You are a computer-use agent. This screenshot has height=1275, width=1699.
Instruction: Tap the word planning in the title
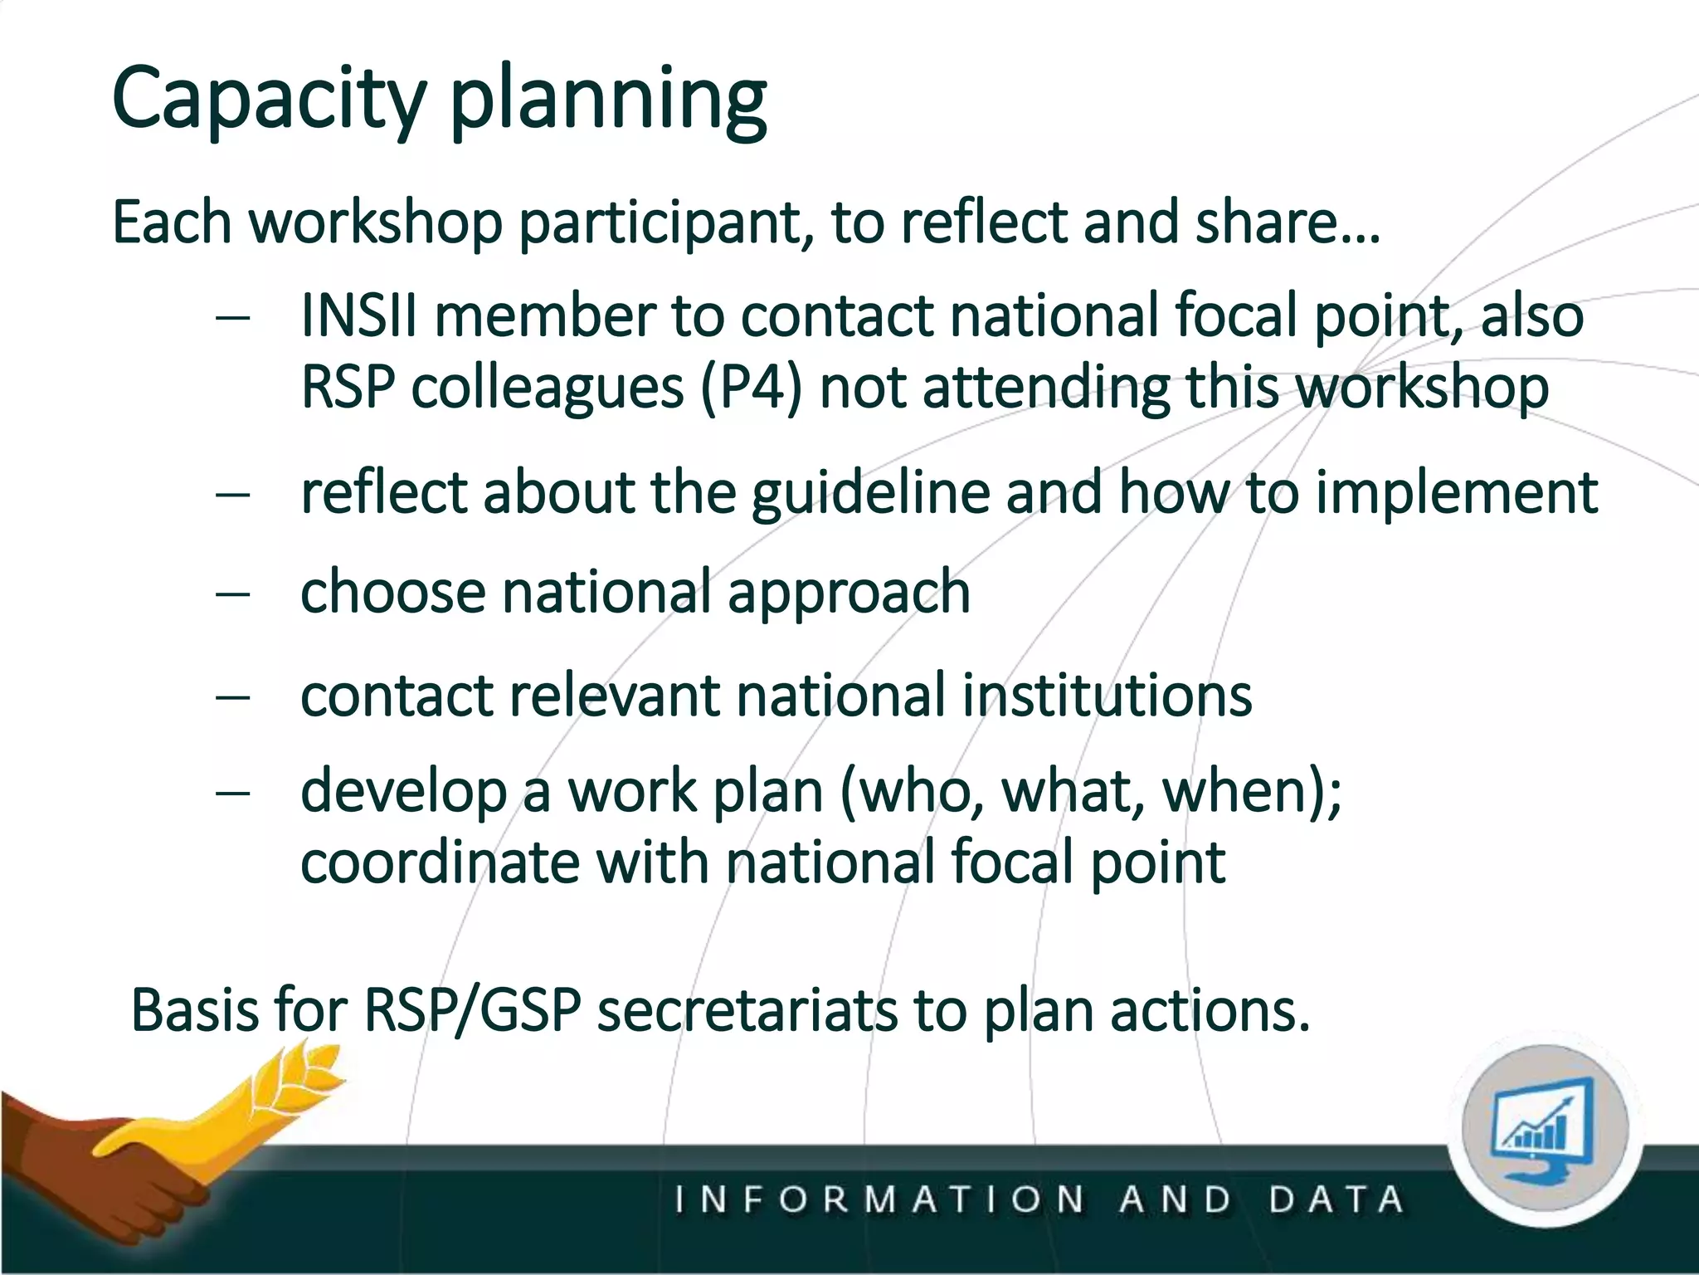click(x=608, y=101)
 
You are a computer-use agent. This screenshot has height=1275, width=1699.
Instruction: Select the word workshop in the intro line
click(x=376, y=223)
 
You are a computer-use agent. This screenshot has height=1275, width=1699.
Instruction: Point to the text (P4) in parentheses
click(x=751, y=388)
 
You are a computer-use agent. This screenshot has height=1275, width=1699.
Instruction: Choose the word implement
click(x=1456, y=493)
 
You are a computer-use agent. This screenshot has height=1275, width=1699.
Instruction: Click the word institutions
click(x=1107, y=696)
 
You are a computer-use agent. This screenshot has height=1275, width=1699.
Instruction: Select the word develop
click(x=403, y=792)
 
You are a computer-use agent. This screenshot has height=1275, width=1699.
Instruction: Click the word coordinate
click(x=440, y=862)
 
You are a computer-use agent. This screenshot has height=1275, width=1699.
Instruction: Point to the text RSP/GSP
click(x=471, y=1011)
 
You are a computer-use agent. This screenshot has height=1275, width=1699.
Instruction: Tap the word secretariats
click(x=747, y=1011)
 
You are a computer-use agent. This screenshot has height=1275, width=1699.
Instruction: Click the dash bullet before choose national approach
click(x=232, y=594)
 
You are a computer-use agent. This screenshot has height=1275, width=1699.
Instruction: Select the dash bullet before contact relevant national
click(x=232, y=696)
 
